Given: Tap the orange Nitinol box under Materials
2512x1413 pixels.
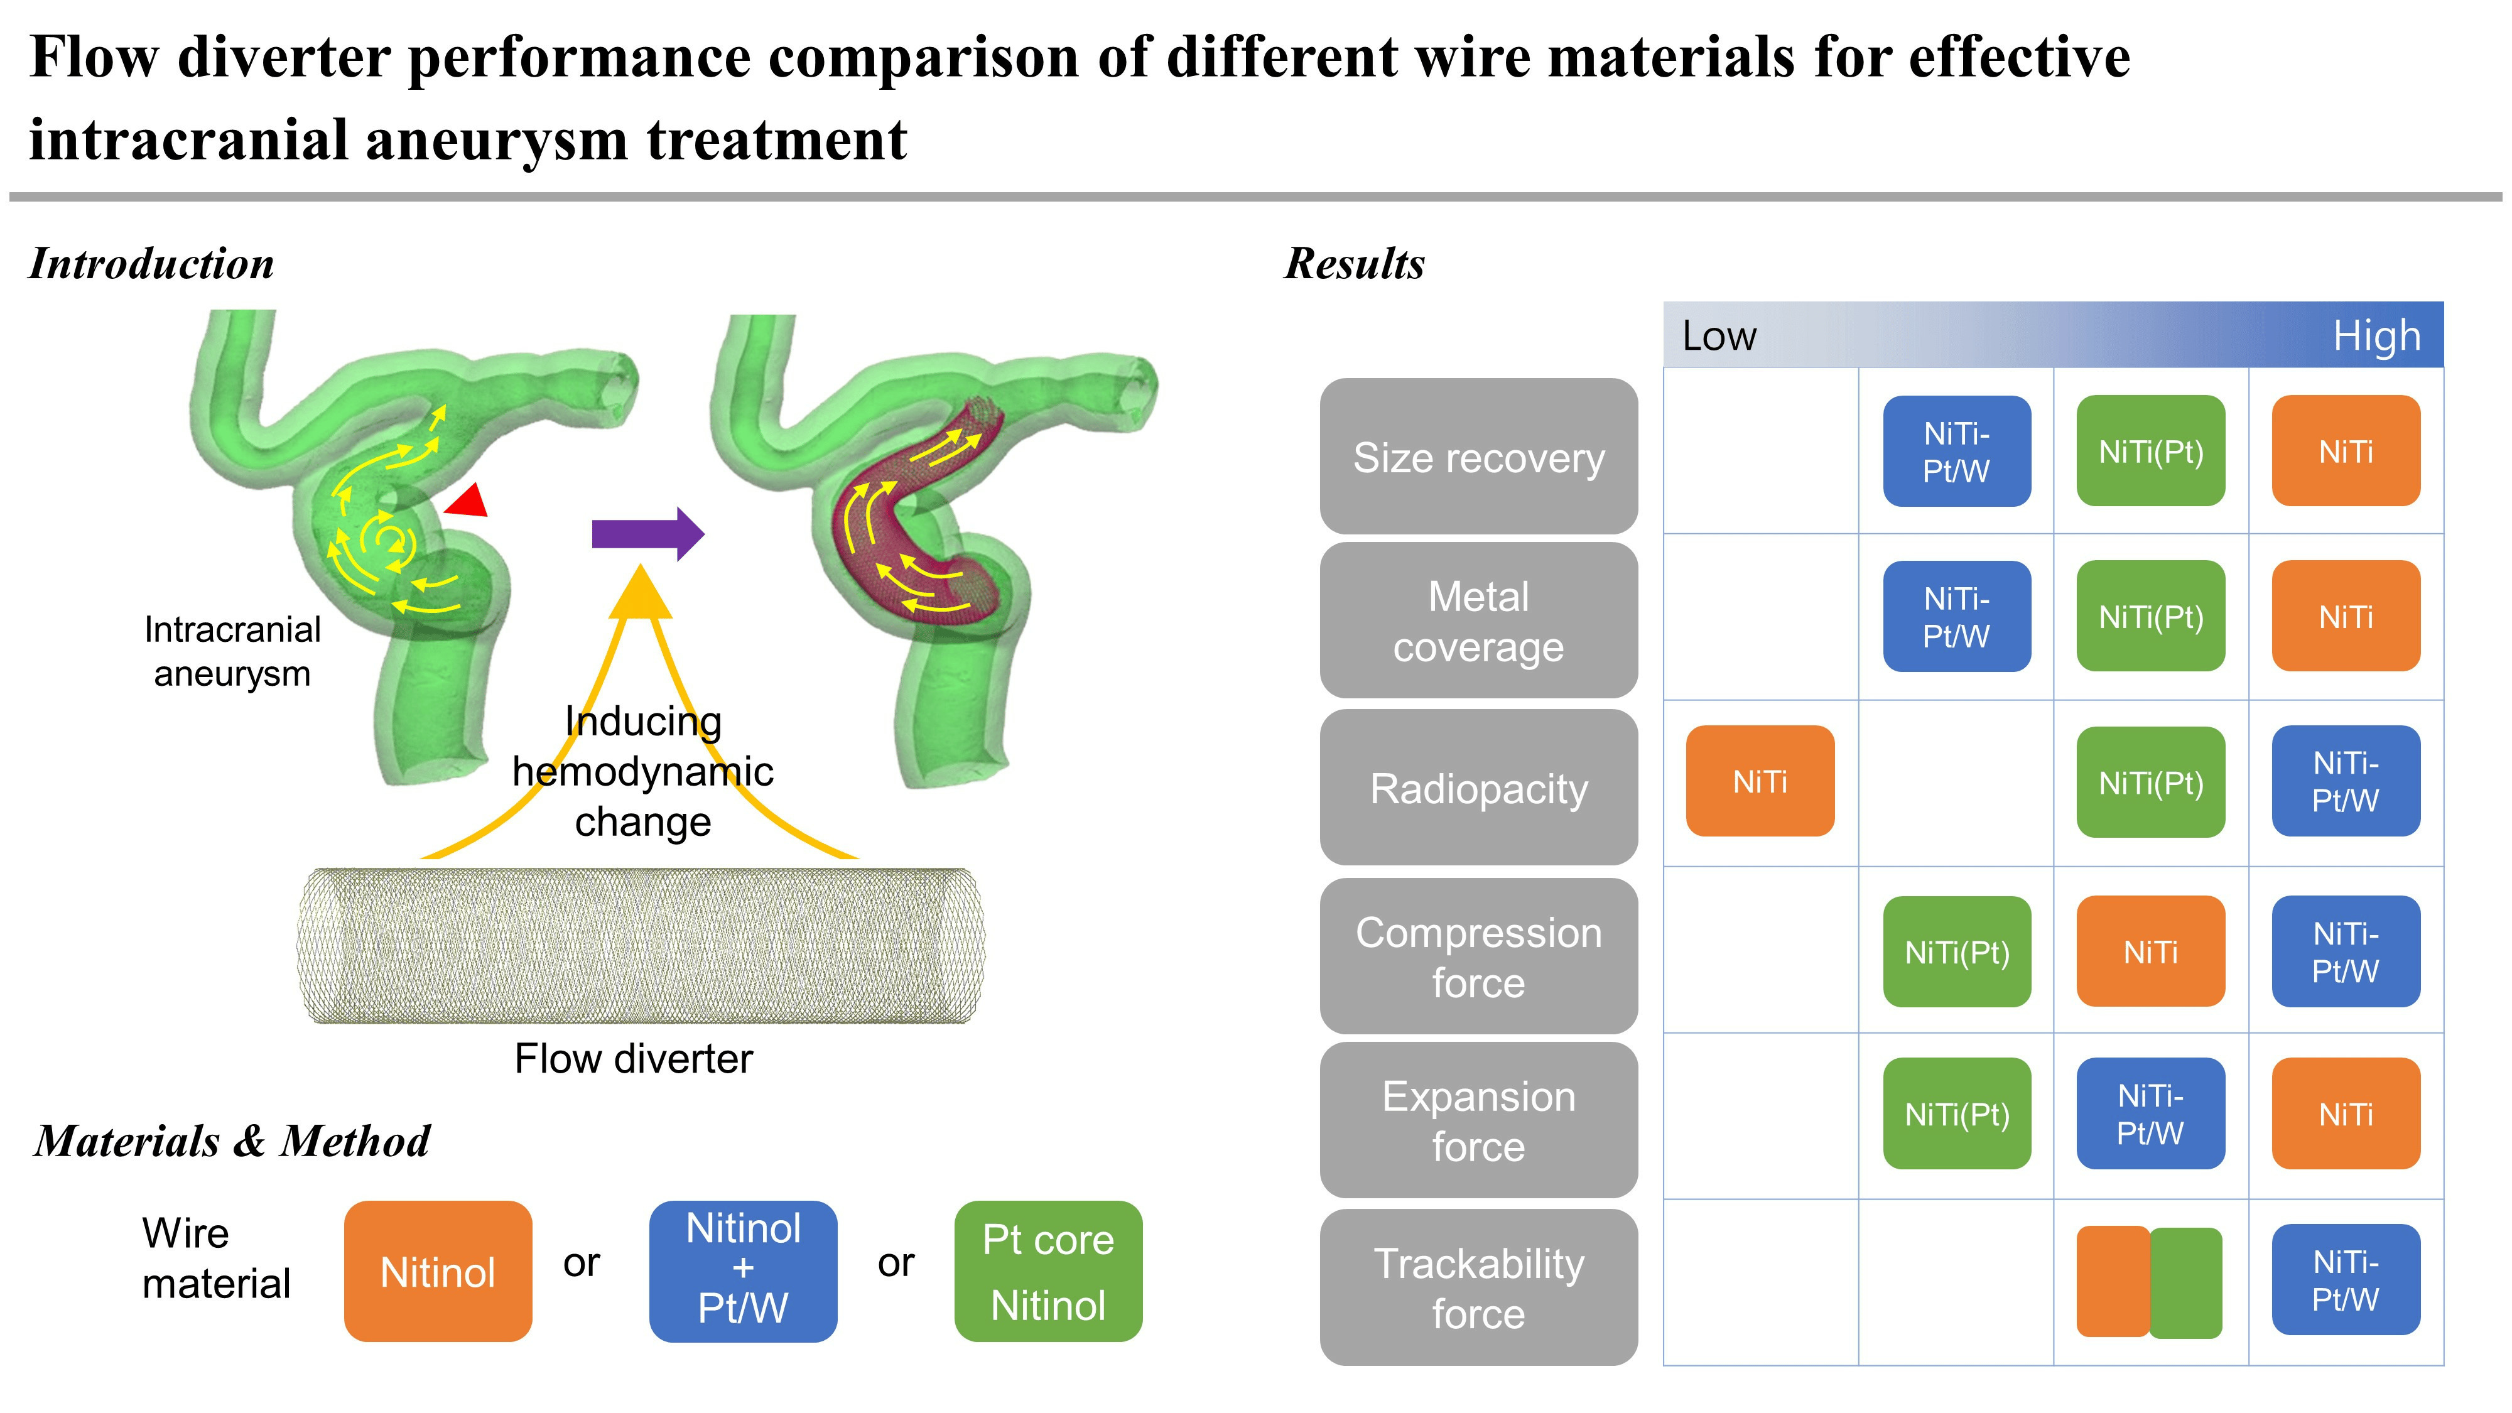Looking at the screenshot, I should (x=438, y=1272).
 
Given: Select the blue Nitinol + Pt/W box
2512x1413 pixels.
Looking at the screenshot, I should (x=743, y=1272).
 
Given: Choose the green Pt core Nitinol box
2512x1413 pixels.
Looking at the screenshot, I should (x=1048, y=1272).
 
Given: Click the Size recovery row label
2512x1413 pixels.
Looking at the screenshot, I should (x=1478, y=457).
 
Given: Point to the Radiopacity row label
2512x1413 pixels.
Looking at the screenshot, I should (x=1478, y=788).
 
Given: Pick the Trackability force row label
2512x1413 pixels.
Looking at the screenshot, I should (x=1478, y=1287).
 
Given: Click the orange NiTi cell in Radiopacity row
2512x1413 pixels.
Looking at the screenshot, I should (x=1760, y=781).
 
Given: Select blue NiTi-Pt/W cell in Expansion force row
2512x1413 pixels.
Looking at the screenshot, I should (x=2150, y=1113).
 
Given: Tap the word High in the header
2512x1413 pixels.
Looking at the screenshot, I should (x=2376, y=337).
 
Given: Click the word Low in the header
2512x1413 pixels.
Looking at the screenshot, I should (x=1719, y=337).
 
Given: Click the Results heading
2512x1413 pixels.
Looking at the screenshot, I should (x=1355, y=263).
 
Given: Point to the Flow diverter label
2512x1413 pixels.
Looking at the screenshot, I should (x=634, y=1059).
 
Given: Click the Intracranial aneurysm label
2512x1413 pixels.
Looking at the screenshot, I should (x=232, y=651).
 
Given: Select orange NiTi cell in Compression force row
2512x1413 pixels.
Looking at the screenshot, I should (x=2150, y=952).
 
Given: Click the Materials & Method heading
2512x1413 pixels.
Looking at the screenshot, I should (x=232, y=1141).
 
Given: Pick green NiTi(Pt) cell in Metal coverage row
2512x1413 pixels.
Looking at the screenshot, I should (x=2150, y=616).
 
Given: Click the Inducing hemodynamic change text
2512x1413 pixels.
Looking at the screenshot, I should (x=642, y=771).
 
